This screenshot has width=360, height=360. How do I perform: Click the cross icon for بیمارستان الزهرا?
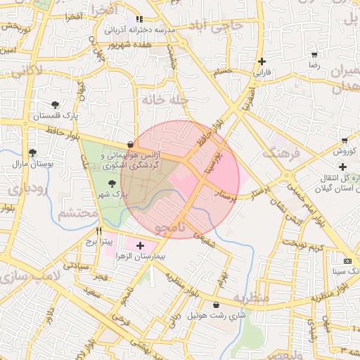[x=141, y=245]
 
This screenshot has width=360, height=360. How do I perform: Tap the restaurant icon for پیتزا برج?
[x=99, y=230]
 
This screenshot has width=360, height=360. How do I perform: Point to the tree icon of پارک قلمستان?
[x=56, y=105]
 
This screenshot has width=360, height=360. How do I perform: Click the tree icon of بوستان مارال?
[x=32, y=153]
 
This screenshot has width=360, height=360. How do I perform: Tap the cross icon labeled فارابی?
[x=262, y=61]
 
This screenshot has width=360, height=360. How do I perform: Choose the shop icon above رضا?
[x=314, y=54]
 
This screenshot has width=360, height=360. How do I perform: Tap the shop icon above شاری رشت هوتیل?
[x=214, y=304]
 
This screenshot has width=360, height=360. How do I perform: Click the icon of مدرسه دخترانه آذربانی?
[x=140, y=20]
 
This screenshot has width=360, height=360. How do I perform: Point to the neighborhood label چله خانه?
[x=166, y=100]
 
